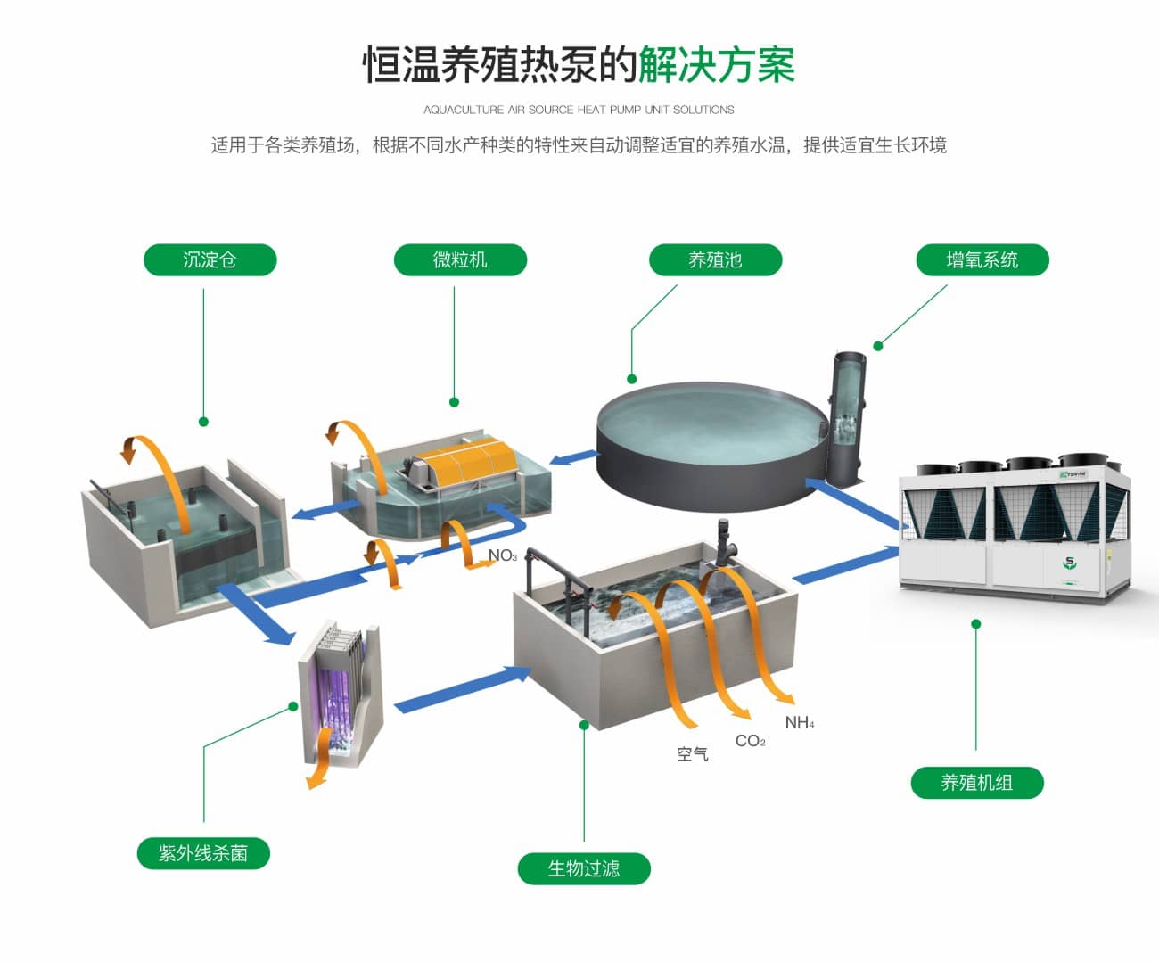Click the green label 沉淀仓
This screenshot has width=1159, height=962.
(210, 259)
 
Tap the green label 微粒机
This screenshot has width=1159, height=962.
(460, 259)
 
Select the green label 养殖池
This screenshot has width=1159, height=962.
(716, 259)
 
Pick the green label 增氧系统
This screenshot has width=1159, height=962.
(982, 259)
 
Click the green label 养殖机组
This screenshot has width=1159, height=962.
(977, 783)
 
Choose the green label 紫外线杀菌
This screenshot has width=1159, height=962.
(203, 853)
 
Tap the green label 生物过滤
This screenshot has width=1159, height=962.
(584, 868)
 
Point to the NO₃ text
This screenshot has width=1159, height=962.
(502, 555)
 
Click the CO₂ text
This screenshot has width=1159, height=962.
(751, 741)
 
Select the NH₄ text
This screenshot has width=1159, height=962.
(800, 722)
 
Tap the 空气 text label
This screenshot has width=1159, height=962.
(692, 754)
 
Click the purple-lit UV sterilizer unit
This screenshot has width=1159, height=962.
(341, 694)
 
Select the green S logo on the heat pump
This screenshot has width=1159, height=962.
(1069, 563)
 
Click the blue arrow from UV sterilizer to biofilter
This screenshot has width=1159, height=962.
(464, 689)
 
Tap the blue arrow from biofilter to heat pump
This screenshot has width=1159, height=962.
(846, 564)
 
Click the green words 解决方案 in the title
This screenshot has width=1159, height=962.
(717, 65)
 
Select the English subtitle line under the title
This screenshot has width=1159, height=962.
(579, 110)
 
